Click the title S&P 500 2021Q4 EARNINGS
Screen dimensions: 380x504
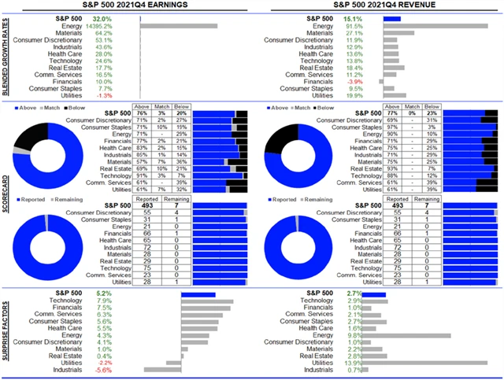click(x=128, y=6)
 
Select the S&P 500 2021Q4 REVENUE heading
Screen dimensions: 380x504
click(x=378, y=6)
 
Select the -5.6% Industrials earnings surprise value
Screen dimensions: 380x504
click(x=103, y=370)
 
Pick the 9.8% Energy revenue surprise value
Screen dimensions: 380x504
click(x=354, y=334)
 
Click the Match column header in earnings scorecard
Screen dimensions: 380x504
click(x=161, y=106)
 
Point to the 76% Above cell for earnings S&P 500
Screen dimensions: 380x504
click(x=143, y=113)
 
